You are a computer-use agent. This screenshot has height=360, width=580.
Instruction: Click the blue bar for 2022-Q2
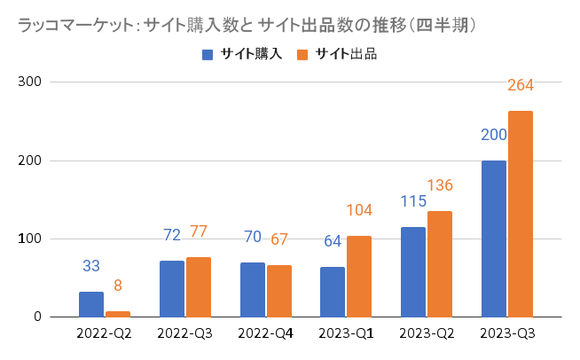click(91, 304)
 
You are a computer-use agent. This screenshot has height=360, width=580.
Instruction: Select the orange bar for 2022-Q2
click(118, 314)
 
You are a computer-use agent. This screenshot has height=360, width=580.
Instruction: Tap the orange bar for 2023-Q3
click(520, 214)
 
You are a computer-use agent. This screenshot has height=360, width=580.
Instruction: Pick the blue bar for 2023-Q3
click(493, 239)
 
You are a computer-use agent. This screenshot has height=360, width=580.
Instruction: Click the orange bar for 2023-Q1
click(359, 276)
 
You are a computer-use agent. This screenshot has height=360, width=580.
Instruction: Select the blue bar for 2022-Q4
click(253, 289)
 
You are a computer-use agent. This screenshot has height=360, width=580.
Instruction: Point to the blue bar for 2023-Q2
click(413, 271)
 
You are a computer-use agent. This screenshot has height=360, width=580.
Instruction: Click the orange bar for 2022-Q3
click(199, 286)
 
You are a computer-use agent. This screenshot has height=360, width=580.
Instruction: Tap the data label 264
click(520, 86)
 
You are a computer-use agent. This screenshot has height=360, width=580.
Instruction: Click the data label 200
click(493, 136)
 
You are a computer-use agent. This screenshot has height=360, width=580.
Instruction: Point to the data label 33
click(91, 266)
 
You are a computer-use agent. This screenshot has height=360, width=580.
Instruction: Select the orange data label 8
click(118, 286)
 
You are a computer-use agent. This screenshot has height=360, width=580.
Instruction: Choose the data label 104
click(359, 210)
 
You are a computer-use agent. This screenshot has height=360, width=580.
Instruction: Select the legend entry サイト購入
click(244, 55)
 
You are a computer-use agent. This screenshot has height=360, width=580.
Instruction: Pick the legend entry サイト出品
click(338, 55)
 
